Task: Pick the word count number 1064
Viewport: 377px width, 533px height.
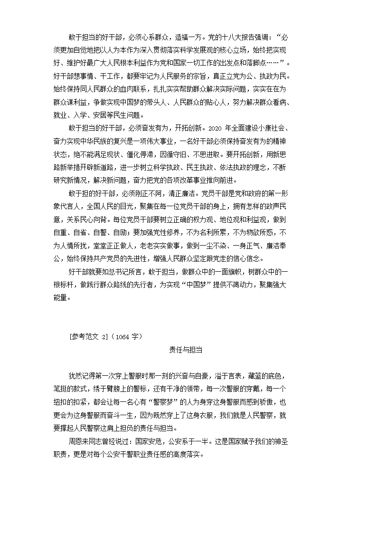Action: point(125,337)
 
